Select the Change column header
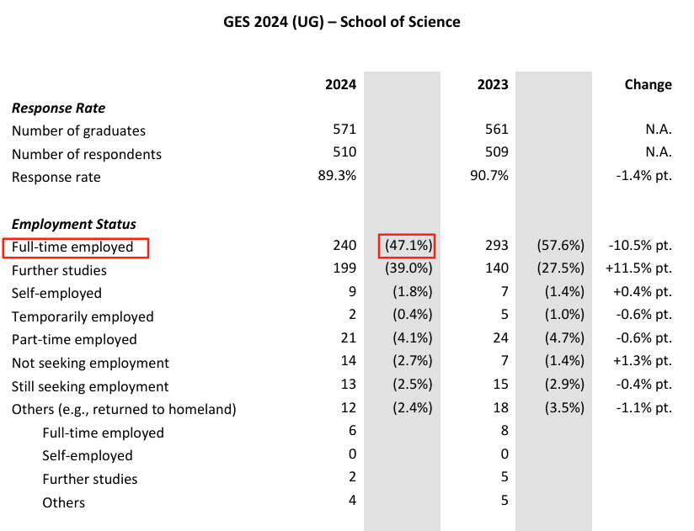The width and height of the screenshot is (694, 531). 648,84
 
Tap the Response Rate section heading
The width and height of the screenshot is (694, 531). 58,108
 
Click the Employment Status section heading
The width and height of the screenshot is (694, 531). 74,224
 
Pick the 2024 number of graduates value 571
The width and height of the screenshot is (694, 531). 344,130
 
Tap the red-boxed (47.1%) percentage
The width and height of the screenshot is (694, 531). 408,246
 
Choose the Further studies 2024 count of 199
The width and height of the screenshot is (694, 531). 344,269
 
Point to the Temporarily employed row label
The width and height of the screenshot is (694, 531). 83,316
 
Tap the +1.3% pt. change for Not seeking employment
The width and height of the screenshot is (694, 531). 639,362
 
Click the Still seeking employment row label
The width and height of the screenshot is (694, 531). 90,386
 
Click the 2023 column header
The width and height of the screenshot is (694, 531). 493,84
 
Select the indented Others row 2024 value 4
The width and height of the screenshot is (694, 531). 352,502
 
